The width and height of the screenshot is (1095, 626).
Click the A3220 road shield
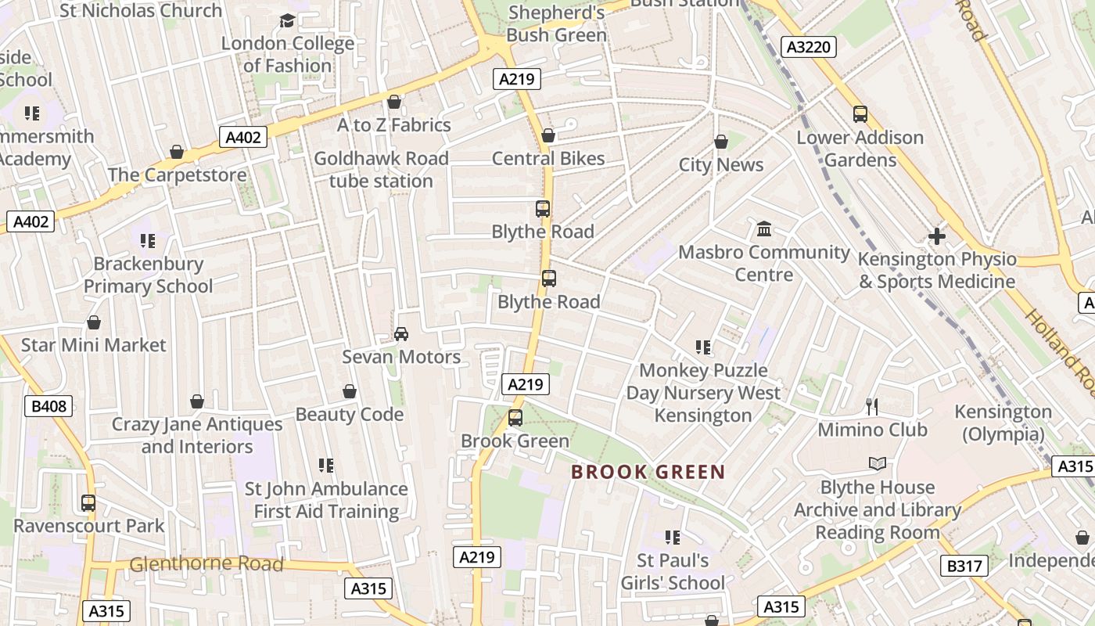[x=809, y=47]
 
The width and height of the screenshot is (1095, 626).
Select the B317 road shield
[x=963, y=566]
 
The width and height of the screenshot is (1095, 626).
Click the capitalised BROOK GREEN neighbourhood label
[x=648, y=472]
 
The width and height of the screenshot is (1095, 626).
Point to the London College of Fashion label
[x=288, y=54]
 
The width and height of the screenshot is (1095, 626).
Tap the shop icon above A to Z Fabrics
[x=394, y=103]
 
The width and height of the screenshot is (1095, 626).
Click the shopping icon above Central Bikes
[x=548, y=136]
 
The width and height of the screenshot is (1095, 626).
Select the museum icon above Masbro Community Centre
[x=764, y=229]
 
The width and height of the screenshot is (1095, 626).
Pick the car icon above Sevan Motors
[x=401, y=334]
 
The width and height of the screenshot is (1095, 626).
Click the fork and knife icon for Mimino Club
[x=873, y=407]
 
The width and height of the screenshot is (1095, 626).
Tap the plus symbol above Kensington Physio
[x=936, y=236]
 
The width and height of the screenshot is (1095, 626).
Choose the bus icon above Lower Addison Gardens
[x=860, y=114]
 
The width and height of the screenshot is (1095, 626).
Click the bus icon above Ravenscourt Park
[x=88, y=503]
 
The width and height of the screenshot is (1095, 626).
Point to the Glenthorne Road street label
[x=206, y=563]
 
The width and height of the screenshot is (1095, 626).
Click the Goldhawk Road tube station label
[x=381, y=170]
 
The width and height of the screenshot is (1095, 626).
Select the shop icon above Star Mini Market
[x=94, y=322]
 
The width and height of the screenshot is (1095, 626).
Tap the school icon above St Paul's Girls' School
[x=672, y=538]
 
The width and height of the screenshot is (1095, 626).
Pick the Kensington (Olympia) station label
[x=1003, y=423]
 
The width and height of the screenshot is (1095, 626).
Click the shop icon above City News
[x=721, y=142]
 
